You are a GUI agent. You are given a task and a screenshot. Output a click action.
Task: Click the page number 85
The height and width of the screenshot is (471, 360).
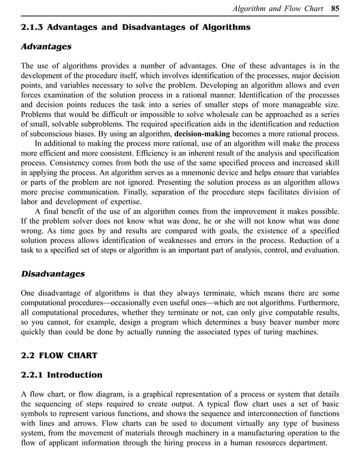(335, 8)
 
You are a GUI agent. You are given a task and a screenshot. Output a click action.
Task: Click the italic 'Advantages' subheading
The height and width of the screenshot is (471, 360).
(46, 46)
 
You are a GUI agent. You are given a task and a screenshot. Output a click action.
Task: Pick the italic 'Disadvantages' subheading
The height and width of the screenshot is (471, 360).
(52, 274)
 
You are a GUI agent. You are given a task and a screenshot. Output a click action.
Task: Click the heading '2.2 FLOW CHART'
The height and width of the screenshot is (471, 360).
(59, 355)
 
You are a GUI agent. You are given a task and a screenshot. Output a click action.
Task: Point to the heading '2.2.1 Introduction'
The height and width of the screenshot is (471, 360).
(62, 374)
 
